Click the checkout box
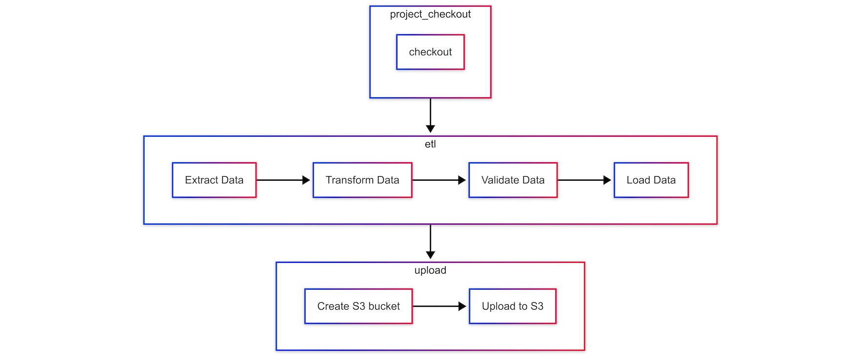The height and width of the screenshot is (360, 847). point(430,52)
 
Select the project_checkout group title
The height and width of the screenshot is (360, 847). point(430,14)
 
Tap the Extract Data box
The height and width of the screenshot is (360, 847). point(214,180)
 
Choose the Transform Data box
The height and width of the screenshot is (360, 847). point(362,180)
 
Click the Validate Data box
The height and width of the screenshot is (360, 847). point(513,180)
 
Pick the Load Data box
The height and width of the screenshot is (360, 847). point(651,180)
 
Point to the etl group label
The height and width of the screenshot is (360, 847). point(430,144)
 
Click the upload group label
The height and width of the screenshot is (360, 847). point(430,270)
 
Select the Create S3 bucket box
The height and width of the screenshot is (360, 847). point(358,306)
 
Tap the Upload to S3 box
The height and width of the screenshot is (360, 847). point(512,306)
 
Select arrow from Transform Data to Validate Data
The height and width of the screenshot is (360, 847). point(439,180)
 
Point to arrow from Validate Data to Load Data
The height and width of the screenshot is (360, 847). point(584,180)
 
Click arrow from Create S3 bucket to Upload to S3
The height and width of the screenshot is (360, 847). point(439,306)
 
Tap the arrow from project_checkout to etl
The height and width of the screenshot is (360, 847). point(430,115)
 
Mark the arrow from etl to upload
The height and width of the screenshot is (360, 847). point(430,241)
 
